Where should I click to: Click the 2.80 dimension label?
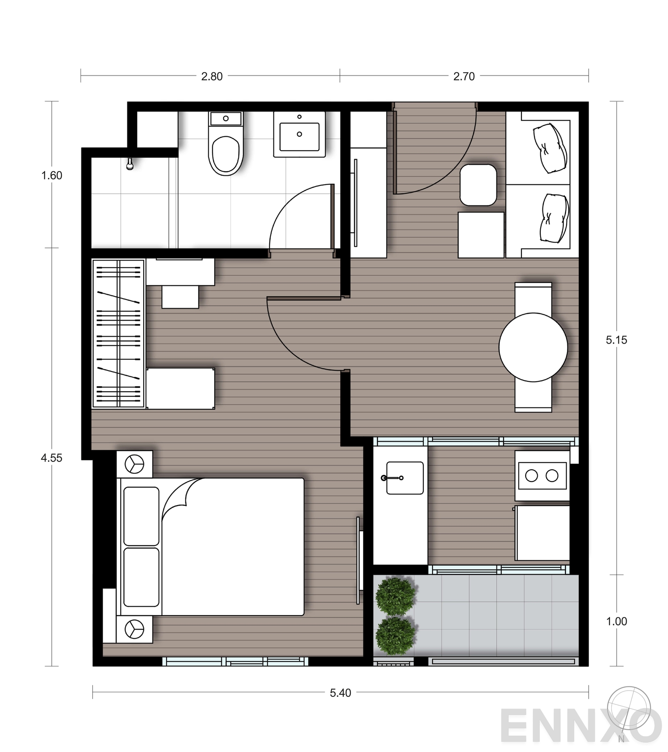click(x=212, y=76)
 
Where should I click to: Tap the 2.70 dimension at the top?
click(x=464, y=76)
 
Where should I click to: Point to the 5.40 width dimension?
click(x=340, y=693)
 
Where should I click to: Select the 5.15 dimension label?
click(x=616, y=340)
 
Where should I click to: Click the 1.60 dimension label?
click(x=52, y=175)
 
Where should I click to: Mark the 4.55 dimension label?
click(x=51, y=458)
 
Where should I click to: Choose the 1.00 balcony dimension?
click(x=616, y=621)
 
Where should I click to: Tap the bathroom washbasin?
click(x=299, y=134)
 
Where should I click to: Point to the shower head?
click(x=130, y=164)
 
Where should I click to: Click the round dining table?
click(x=533, y=347)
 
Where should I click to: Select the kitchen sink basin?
click(x=405, y=478)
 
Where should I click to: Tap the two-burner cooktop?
click(x=542, y=476)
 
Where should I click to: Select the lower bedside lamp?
click(x=134, y=629)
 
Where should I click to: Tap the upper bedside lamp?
click(x=134, y=464)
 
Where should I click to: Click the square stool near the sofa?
click(x=478, y=185)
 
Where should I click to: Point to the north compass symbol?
click(x=629, y=708)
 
